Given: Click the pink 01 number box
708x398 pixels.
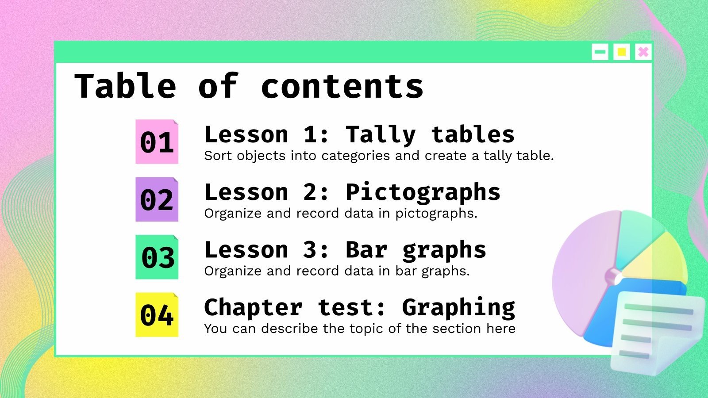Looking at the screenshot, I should point(157,142).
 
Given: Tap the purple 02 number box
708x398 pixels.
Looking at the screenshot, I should point(157,199).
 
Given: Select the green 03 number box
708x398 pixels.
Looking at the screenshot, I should point(157,257).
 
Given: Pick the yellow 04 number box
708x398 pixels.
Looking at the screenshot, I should point(157,315).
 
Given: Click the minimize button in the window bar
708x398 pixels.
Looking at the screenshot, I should point(600,52).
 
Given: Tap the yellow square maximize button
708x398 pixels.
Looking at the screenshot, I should point(622,52).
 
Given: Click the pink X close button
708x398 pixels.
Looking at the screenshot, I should point(643,52).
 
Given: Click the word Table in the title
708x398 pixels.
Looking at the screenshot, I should point(125,86).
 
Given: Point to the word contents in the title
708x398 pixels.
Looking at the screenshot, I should point(342,87).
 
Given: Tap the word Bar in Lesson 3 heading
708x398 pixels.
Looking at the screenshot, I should point(366,250).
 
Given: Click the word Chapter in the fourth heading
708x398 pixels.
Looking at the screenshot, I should point(253,308).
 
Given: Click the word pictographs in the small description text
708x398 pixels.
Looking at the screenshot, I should point(435,214).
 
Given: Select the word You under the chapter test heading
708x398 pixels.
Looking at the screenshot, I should point(215,329).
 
